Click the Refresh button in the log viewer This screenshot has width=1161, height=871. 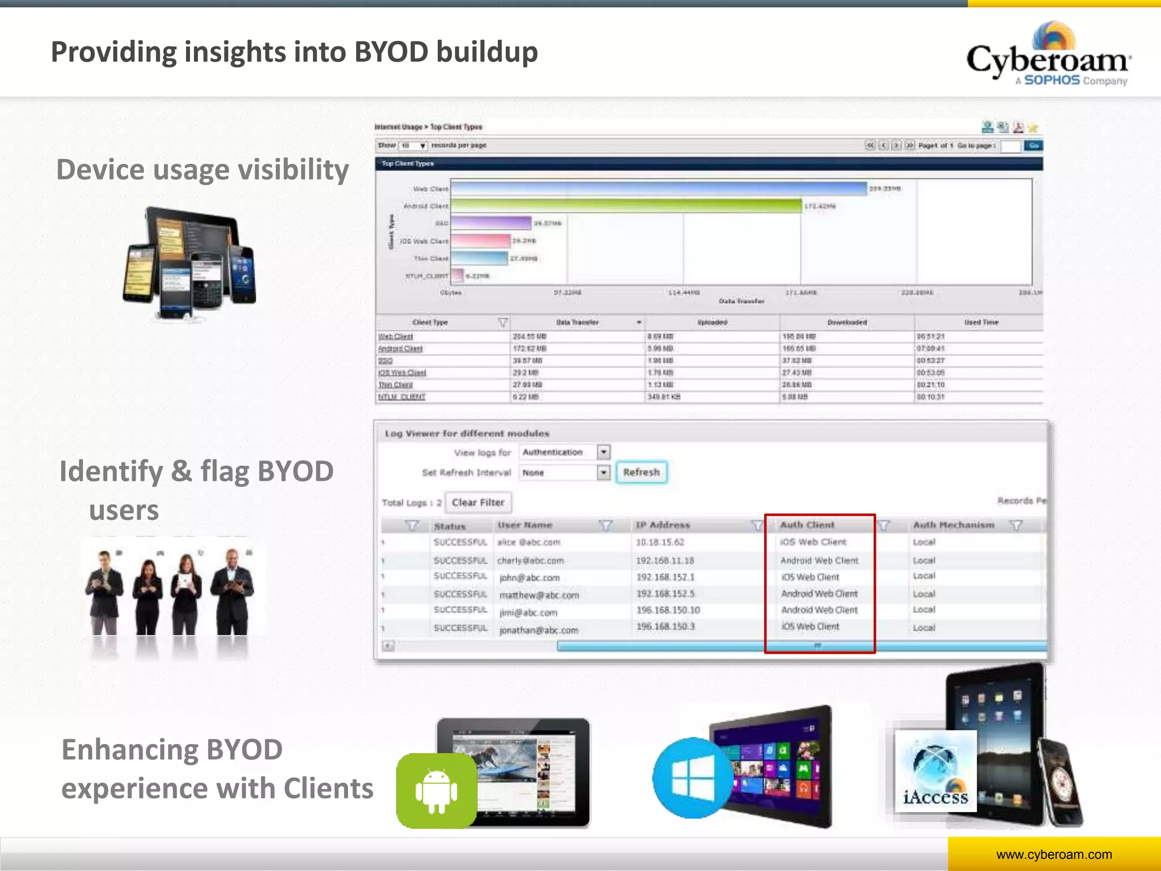(641, 472)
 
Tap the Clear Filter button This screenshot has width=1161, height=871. (478, 502)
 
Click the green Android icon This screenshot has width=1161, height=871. (436, 791)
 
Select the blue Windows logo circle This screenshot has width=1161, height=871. (692, 778)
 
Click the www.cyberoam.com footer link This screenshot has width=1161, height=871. (1054, 855)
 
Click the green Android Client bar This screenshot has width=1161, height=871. (626, 206)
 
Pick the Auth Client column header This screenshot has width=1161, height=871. (807, 525)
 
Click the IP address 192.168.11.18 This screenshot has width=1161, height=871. (665, 560)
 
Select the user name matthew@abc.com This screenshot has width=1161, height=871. (539, 595)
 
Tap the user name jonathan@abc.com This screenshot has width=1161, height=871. (539, 630)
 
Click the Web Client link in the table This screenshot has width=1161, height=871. (396, 337)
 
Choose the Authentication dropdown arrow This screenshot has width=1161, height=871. (604, 452)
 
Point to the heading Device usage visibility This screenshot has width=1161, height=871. (202, 170)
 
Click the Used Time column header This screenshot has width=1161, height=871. (981, 322)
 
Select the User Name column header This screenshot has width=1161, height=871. (525, 525)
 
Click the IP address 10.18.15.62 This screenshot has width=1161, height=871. (660, 542)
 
